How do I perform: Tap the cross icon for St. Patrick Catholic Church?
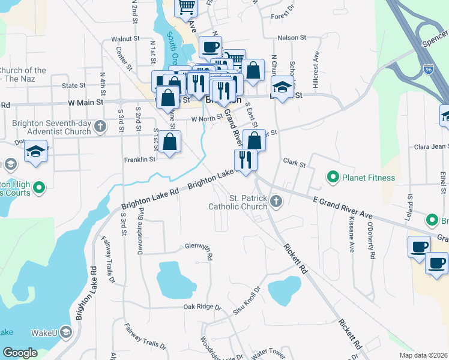click(276, 201)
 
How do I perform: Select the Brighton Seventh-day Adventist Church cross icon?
click(100, 126)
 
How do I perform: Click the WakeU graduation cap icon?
click(66, 332)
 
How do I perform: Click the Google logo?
click(20, 352)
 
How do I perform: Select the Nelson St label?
click(292, 38)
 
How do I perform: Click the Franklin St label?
click(139, 160)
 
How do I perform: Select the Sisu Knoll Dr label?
click(252, 300)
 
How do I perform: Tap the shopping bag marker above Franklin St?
click(170, 142)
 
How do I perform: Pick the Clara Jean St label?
click(430, 147)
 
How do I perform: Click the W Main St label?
click(85, 103)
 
